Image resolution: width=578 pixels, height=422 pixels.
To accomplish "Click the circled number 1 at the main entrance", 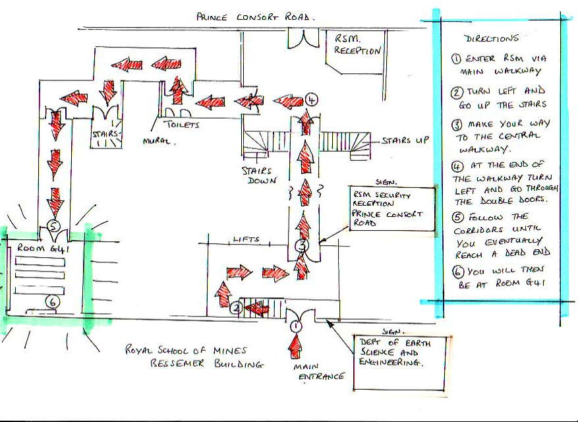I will click(x=296, y=325).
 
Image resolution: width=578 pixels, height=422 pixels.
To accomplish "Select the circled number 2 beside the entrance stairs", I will click(x=235, y=307).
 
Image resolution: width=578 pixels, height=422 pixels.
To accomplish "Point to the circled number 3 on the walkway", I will click(x=301, y=247).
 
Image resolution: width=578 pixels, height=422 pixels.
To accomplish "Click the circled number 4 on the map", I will click(x=312, y=100).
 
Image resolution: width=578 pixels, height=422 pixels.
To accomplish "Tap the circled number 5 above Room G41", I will click(x=55, y=226).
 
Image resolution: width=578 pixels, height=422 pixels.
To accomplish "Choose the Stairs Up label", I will click(x=404, y=141).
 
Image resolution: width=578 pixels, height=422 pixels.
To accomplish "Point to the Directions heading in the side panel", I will click(x=491, y=38).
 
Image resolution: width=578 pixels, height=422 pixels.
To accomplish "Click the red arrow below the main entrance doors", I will click(x=296, y=346).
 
